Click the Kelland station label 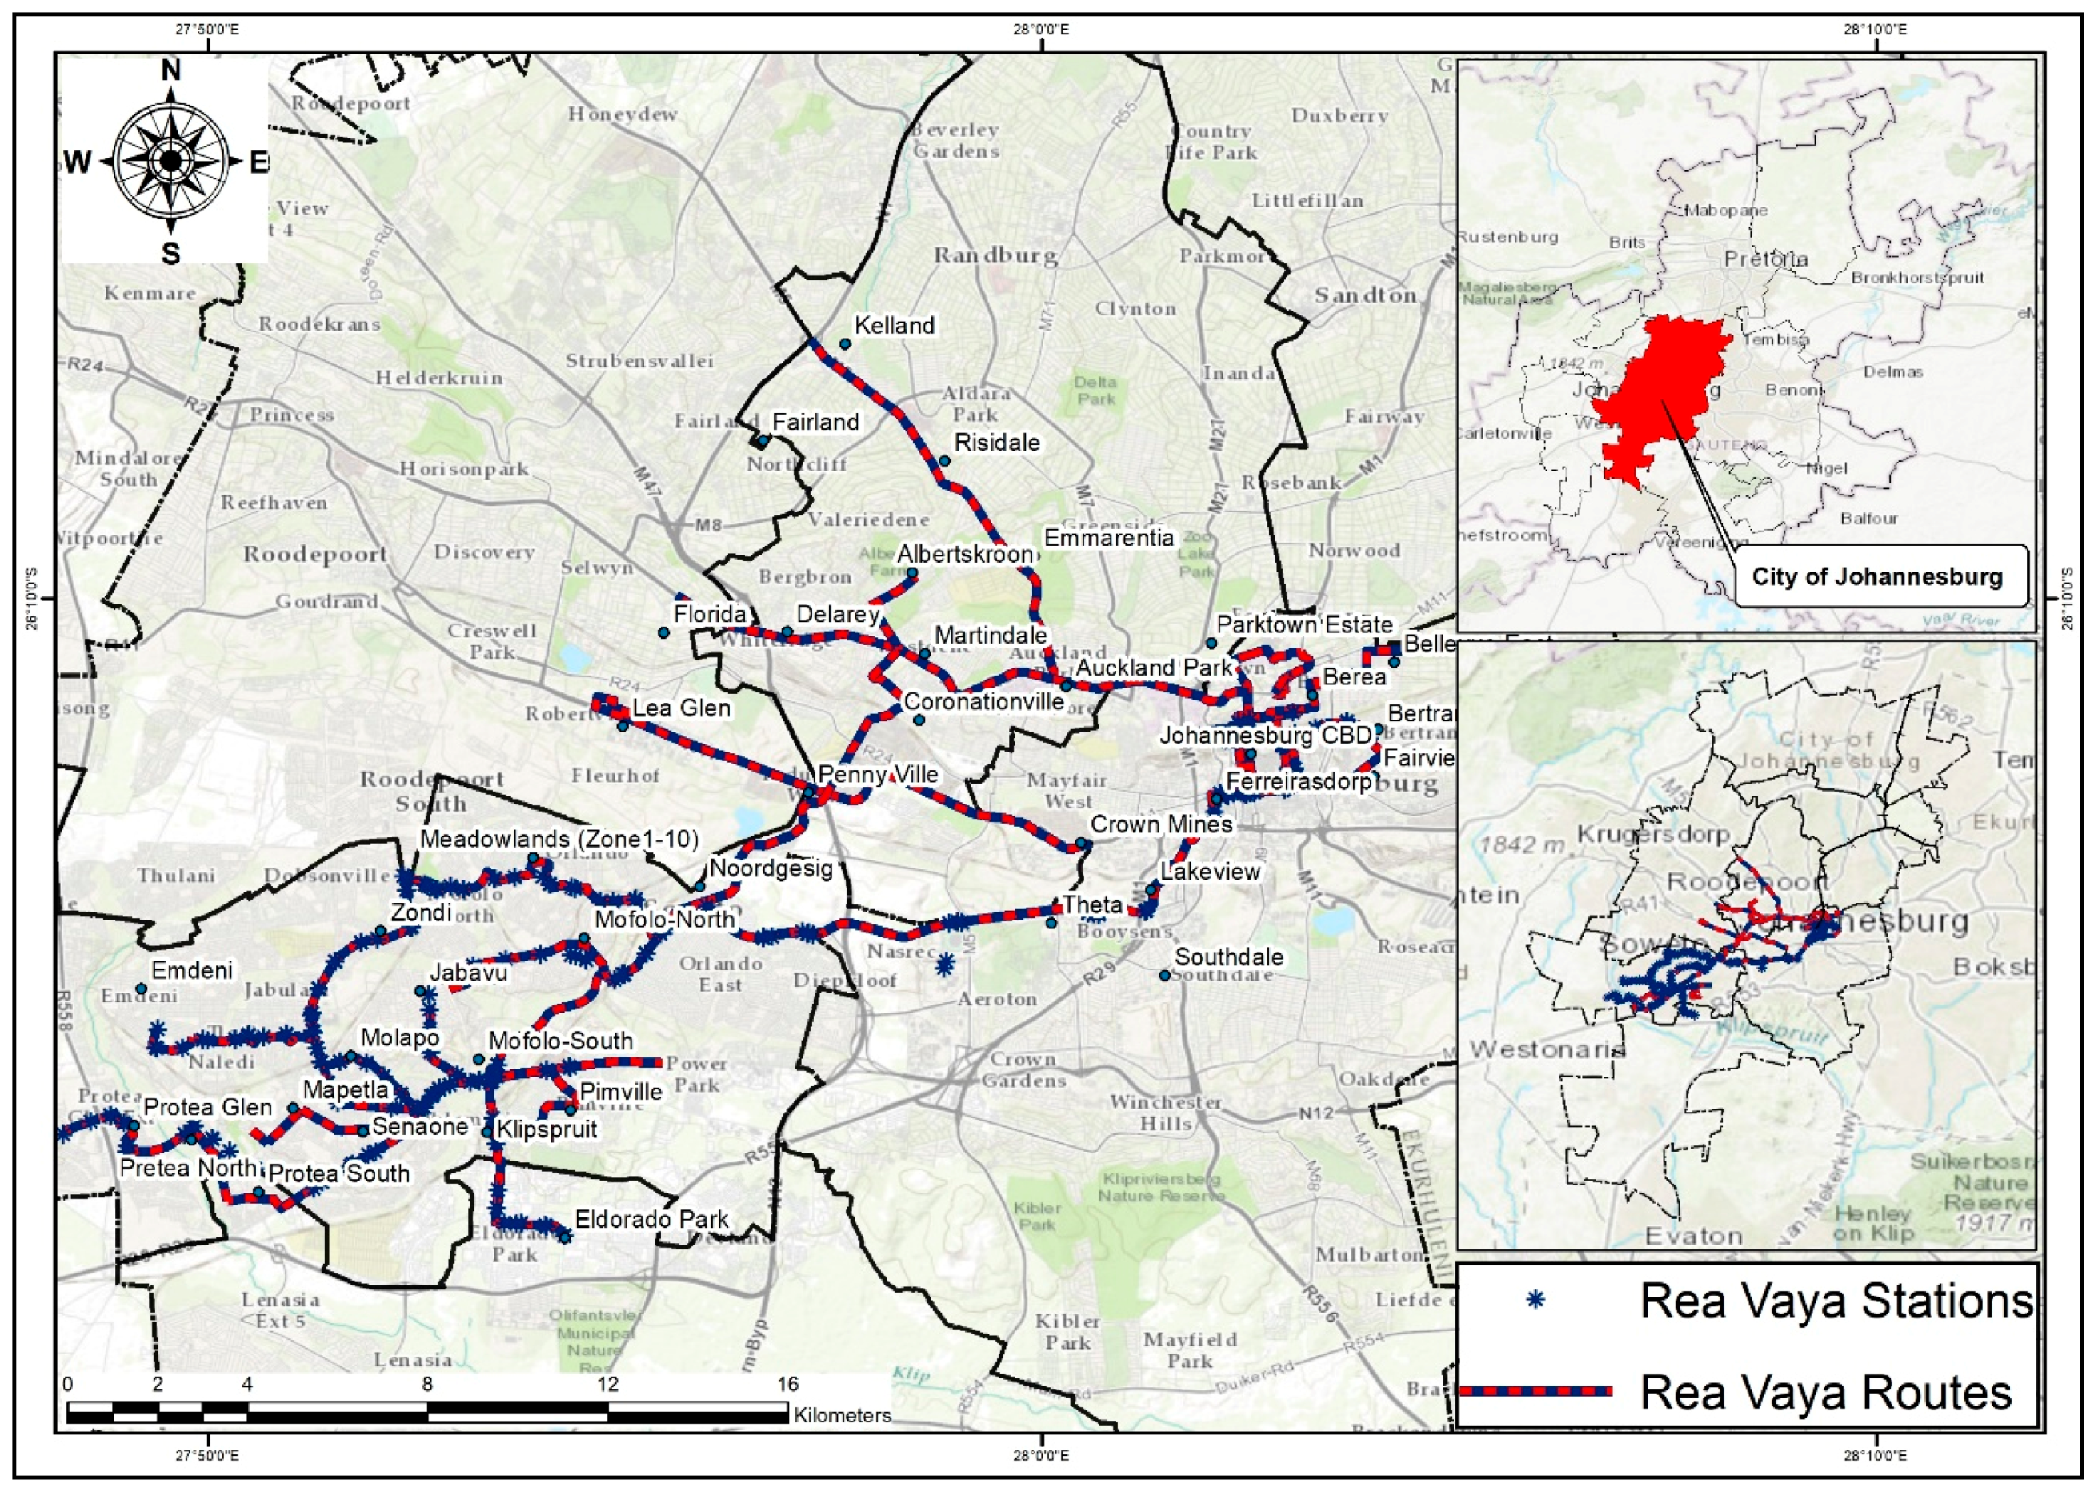[x=893, y=325]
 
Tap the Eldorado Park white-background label [x=651, y=1220]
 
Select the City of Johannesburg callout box [x=1877, y=576]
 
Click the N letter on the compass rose [x=170, y=70]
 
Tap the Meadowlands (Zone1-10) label [x=559, y=840]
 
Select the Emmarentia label [x=1108, y=538]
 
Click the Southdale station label [x=1228, y=957]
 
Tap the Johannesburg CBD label [x=1266, y=736]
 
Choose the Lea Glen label [x=681, y=708]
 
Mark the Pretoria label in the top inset [x=1765, y=259]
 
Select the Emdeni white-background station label [x=191, y=970]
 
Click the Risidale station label [x=997, y=443]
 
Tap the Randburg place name [x=995, y=255]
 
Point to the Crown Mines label [x=1160, y=824]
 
